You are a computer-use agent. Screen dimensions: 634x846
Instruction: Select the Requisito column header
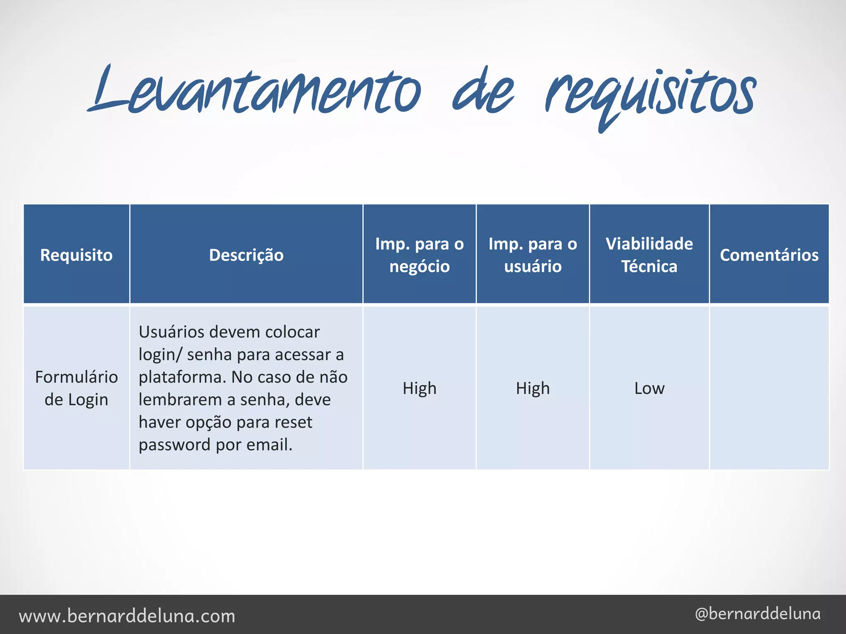(x=76, y=255)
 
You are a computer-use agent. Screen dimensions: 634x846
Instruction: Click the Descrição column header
(x=246, y=255)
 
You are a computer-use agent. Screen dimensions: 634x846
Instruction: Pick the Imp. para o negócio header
(x=419, y=255)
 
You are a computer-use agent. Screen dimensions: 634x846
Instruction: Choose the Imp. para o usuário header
(x=532, y=255)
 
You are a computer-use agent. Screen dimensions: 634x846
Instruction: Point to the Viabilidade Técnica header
(x=649, y=255)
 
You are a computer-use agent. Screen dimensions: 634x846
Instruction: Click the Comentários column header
(x=769, y=255)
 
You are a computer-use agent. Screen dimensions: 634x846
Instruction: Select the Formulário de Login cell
(x=76, y=388)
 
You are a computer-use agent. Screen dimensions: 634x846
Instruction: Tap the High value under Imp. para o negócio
(x=419, y=388)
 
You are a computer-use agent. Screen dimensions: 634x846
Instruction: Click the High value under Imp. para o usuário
(x=532, y=388)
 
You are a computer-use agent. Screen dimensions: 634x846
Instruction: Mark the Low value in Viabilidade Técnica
(x=649, y=388)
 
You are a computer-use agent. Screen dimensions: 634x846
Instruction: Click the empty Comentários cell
(x=769, y=388)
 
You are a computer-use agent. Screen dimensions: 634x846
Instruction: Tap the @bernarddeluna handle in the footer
(x=758, y=614)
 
